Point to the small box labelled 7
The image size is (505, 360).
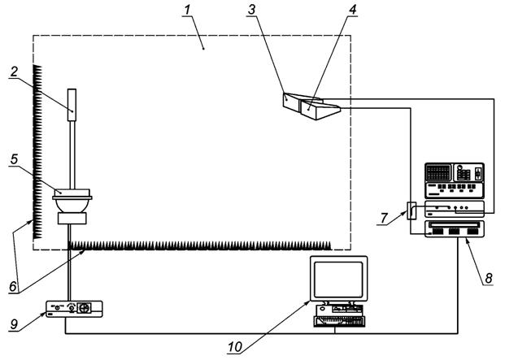click(x=411, y=210)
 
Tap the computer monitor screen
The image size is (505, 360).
click(x=339, y=279)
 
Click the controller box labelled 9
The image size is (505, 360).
click(x=74, y=310)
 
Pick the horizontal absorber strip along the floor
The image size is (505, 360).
click(x=199, y=244)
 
